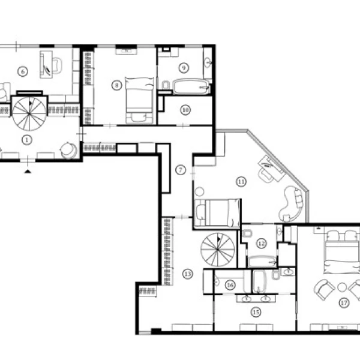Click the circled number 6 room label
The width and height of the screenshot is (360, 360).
click(23, 71)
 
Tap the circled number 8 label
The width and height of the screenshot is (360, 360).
click(116, 85)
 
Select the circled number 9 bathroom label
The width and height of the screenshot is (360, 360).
click(184, 68)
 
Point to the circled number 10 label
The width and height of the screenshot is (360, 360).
click(185, 110)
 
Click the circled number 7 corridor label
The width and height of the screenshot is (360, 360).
click(181, 170)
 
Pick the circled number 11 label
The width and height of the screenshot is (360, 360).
click(241, 182)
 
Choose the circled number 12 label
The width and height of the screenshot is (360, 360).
click(262, 244)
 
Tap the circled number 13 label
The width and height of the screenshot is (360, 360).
click(188, 274)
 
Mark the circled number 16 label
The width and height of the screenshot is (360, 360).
click(230, 285)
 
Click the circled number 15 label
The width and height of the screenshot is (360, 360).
click(256, 312)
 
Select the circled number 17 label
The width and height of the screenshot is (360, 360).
click(344, 303)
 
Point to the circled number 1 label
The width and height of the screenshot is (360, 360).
click(27, 140)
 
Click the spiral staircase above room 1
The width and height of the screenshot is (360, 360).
click(29, 113)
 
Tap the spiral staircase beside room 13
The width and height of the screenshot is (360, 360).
click(218, 250)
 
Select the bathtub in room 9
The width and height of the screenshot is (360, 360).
click(191, 86)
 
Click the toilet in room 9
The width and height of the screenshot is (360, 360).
click(166, 85)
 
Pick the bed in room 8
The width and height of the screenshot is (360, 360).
click(140, 101)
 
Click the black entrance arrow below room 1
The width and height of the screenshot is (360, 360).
click(28, 171)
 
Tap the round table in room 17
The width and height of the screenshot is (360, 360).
click(342, 287)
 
